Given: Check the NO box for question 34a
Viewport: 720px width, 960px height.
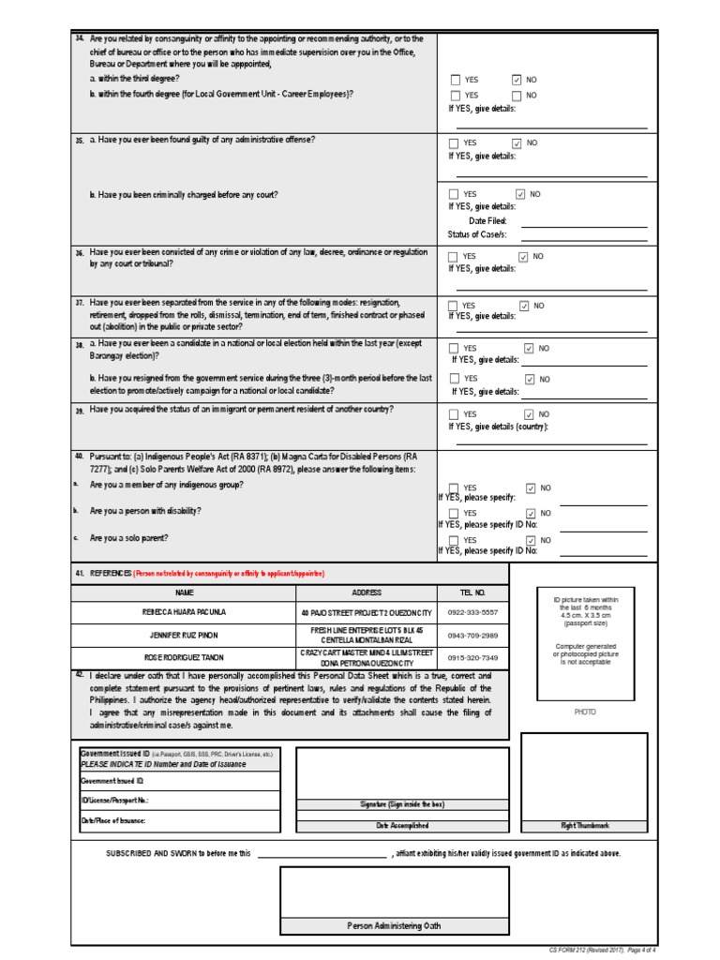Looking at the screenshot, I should tap(517, 81).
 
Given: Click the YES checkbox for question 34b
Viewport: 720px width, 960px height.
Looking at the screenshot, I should tap(456, 96).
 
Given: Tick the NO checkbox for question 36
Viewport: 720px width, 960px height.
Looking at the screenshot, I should tap(523, 256).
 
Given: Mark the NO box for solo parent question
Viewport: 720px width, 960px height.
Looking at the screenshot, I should tap(531, 541).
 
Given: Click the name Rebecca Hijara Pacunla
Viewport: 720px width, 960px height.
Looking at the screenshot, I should tap(184, 612).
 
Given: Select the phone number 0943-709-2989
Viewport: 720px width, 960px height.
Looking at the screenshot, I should tap(477, 635).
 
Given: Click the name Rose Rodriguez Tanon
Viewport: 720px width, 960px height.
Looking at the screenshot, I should tap(184, 657).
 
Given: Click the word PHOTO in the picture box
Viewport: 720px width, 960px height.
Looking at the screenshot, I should tap(585, 712).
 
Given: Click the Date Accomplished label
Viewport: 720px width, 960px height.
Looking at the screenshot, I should tap(402, 826).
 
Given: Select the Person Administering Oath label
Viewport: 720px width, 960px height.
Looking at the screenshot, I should tap(394, 925).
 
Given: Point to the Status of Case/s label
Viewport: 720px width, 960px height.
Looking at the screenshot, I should tap(477, 234).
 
